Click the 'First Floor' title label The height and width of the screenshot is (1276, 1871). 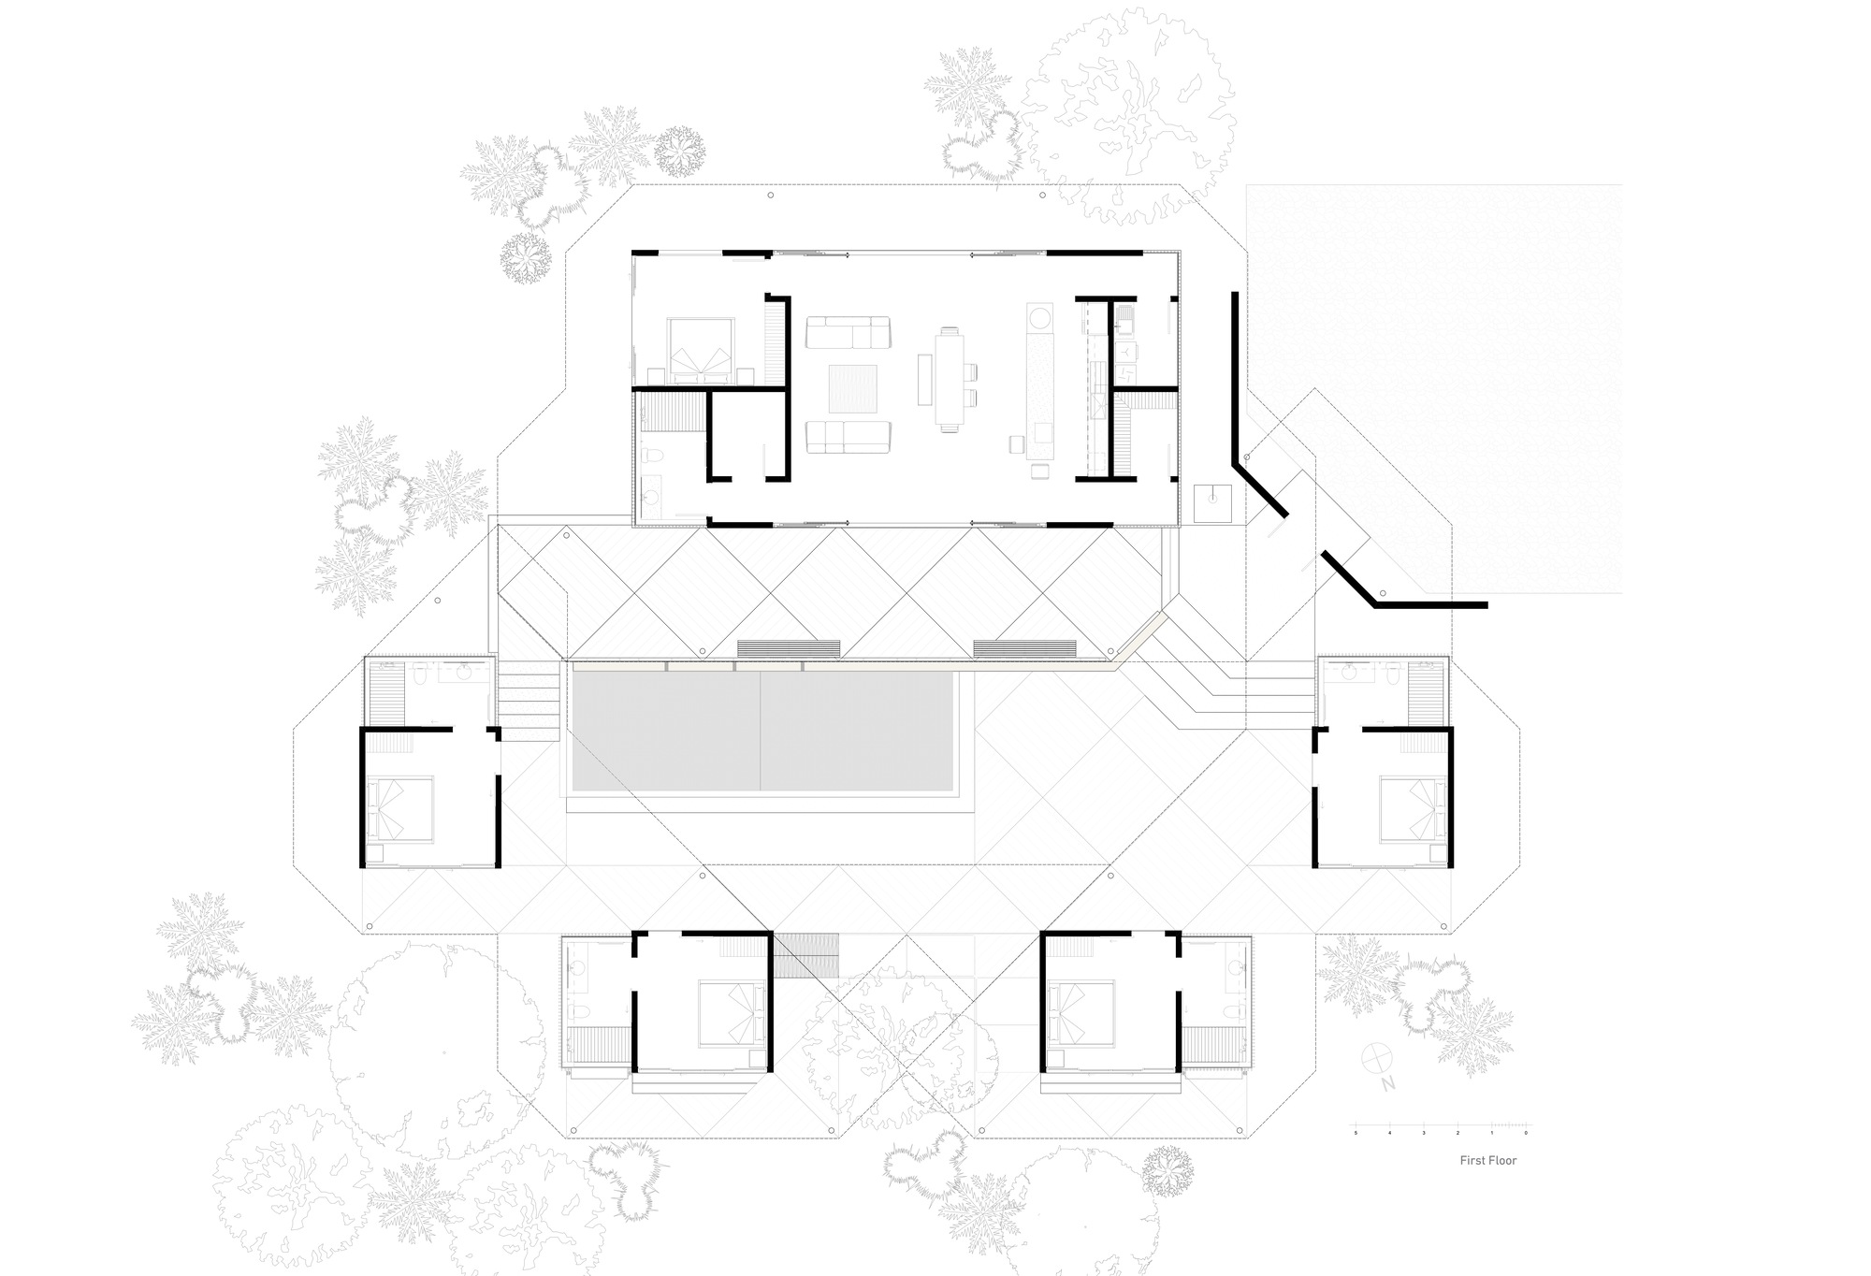coord(1487,1160)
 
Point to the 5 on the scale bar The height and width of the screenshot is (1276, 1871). coord(1356,1133)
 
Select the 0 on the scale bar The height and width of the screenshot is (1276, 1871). coord(1526,1133)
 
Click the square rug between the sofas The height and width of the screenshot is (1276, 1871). coord(852,388)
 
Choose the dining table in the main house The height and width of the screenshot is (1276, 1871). coord(949,380)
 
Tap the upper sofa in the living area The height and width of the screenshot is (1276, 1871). coord(848,332)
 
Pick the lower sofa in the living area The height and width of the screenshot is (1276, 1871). coord(848,436)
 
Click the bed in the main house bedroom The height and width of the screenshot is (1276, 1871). coord(700,350)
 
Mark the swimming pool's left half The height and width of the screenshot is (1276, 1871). coord(666,732)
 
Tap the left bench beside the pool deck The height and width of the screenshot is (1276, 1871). coord(789,648)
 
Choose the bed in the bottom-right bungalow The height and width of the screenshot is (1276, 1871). coord(1080,1013)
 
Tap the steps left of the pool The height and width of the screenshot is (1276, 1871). coord(529,702)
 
